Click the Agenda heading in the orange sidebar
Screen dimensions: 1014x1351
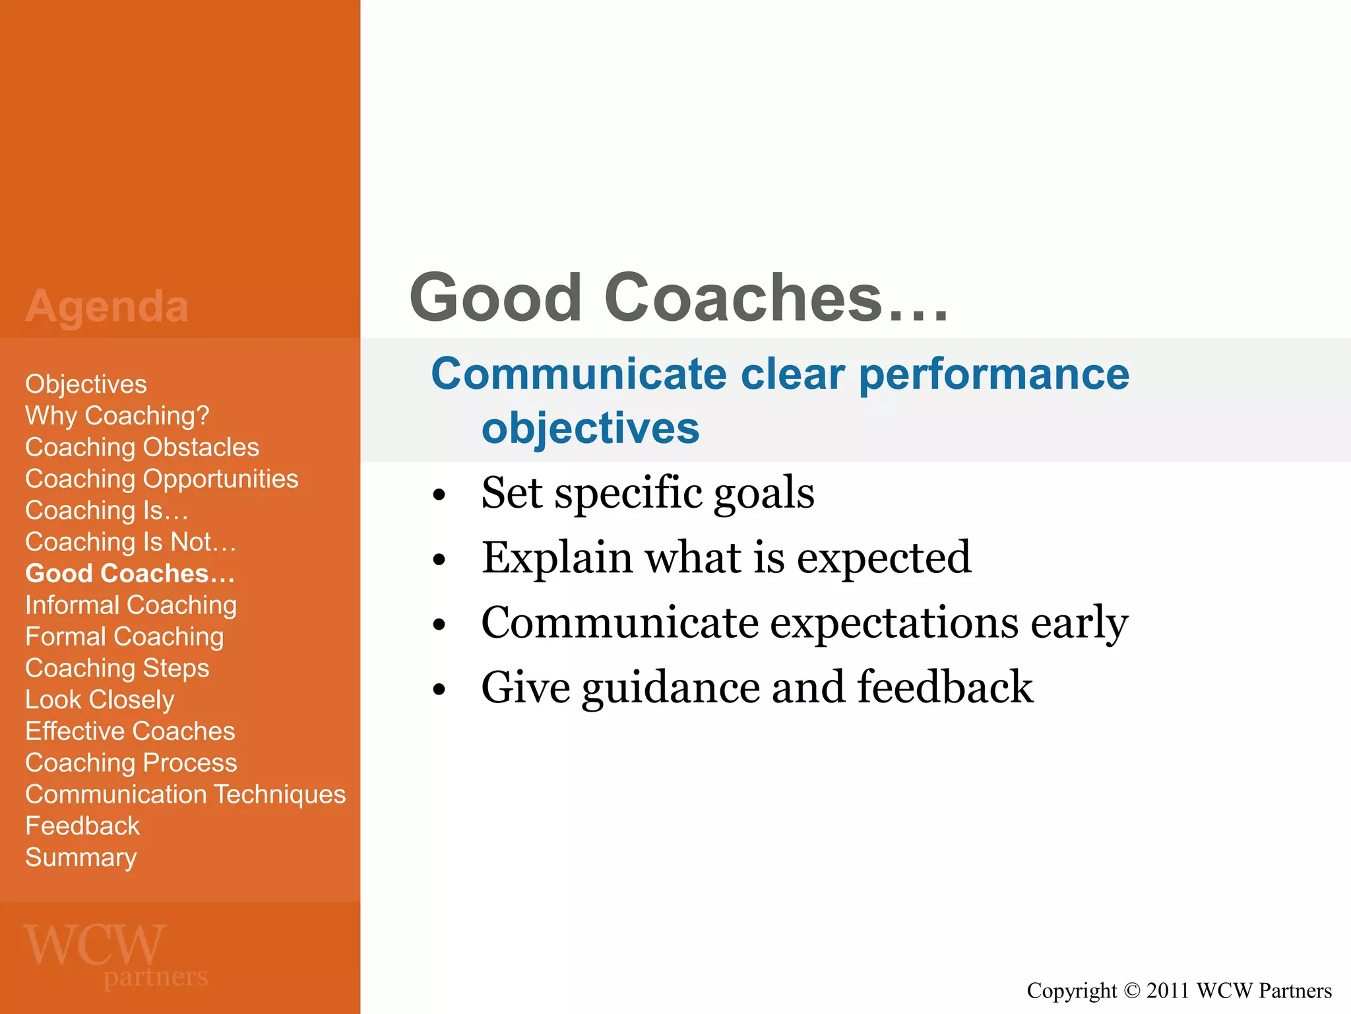point(107,306)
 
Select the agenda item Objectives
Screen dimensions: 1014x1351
point(86,384)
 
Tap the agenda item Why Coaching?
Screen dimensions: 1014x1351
point(117,416)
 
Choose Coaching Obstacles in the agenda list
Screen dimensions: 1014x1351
point(142,448)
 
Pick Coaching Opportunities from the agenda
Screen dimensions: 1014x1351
point(162,479)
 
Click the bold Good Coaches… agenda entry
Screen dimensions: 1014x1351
point(130,574)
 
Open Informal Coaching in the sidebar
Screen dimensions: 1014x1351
point(131,605)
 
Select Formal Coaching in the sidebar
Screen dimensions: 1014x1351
point(124,637)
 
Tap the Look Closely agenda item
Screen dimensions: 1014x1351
point(100,700)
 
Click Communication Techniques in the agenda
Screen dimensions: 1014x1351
point(185,794)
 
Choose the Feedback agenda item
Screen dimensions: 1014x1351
point(82,826)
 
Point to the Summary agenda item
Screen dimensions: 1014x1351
point(80,858)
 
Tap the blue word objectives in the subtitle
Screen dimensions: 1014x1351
point(590,429)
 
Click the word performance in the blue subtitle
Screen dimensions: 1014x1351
point(994,374)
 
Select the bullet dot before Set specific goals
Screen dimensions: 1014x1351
point(439,495)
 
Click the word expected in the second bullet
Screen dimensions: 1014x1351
point(884,558)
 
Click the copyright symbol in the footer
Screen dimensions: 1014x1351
point(1131,991)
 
